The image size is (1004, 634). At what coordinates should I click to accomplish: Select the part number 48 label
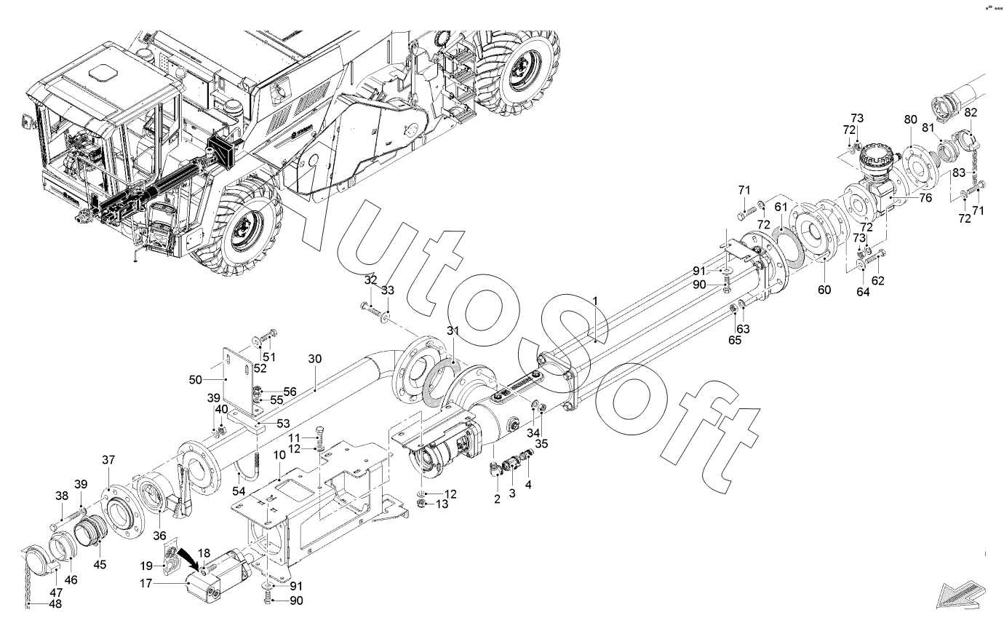click(x=55, y=603)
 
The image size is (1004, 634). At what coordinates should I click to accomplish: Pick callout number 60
click(x=824, y=289)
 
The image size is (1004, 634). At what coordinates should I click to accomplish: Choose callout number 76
click(x=925, y=197)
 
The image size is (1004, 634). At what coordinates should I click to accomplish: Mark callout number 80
click(x=910, y=119)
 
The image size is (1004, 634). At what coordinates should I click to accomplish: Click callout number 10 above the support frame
click(x=279, y=455)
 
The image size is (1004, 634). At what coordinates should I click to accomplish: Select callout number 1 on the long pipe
click(x=594, y=301)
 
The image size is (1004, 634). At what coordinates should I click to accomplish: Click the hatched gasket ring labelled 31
click(x=437, y=382)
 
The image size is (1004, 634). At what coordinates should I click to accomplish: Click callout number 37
click(x=108, y=459)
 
